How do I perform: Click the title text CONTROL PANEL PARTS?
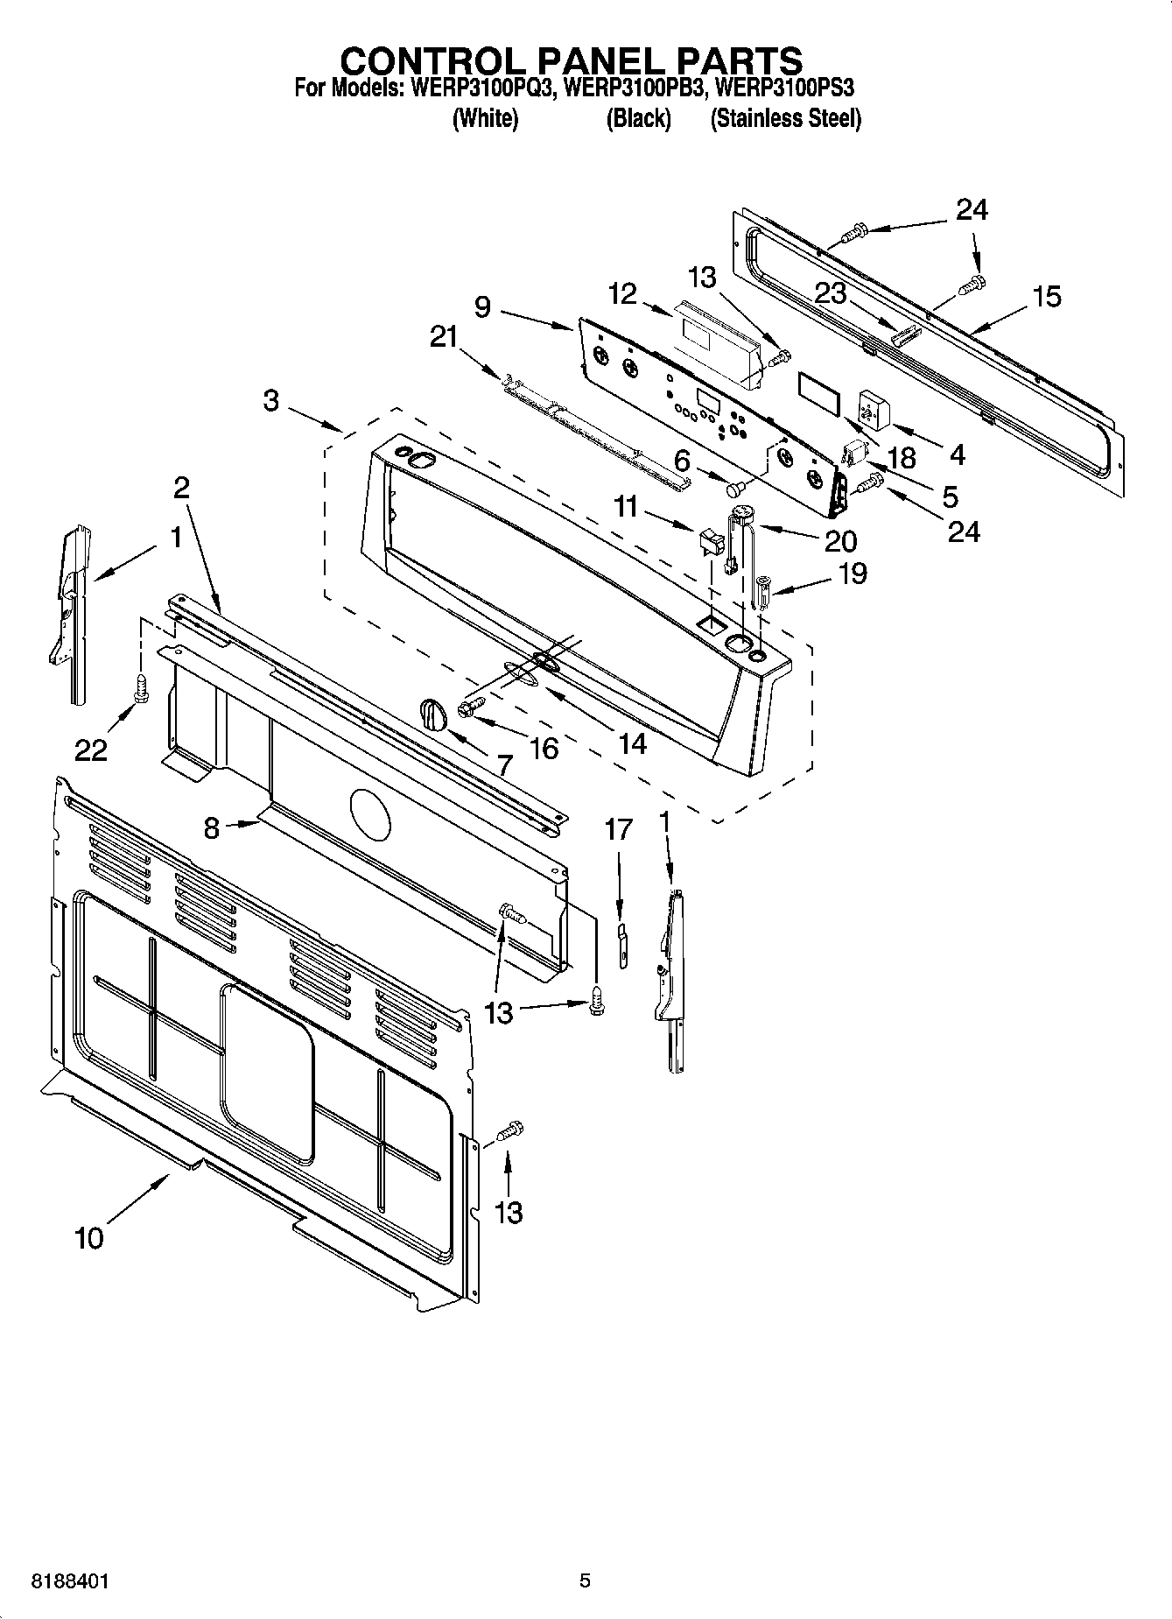click(571, 60)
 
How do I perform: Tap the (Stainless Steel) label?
click(785, 119)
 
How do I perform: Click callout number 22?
click(91, 750)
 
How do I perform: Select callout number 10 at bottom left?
click(89, 1238)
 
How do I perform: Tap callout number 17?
click(618, 828)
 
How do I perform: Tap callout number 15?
click(1046, 297)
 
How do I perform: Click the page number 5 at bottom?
click(586, 1581)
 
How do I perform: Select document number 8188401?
click(70, 1581)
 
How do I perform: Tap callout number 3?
click(271, 401)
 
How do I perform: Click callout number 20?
click(839, 540)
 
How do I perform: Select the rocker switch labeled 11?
click(708, 543)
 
